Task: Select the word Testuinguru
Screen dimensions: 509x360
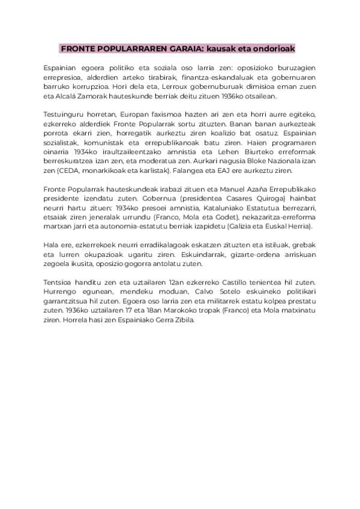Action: pos(66,115)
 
